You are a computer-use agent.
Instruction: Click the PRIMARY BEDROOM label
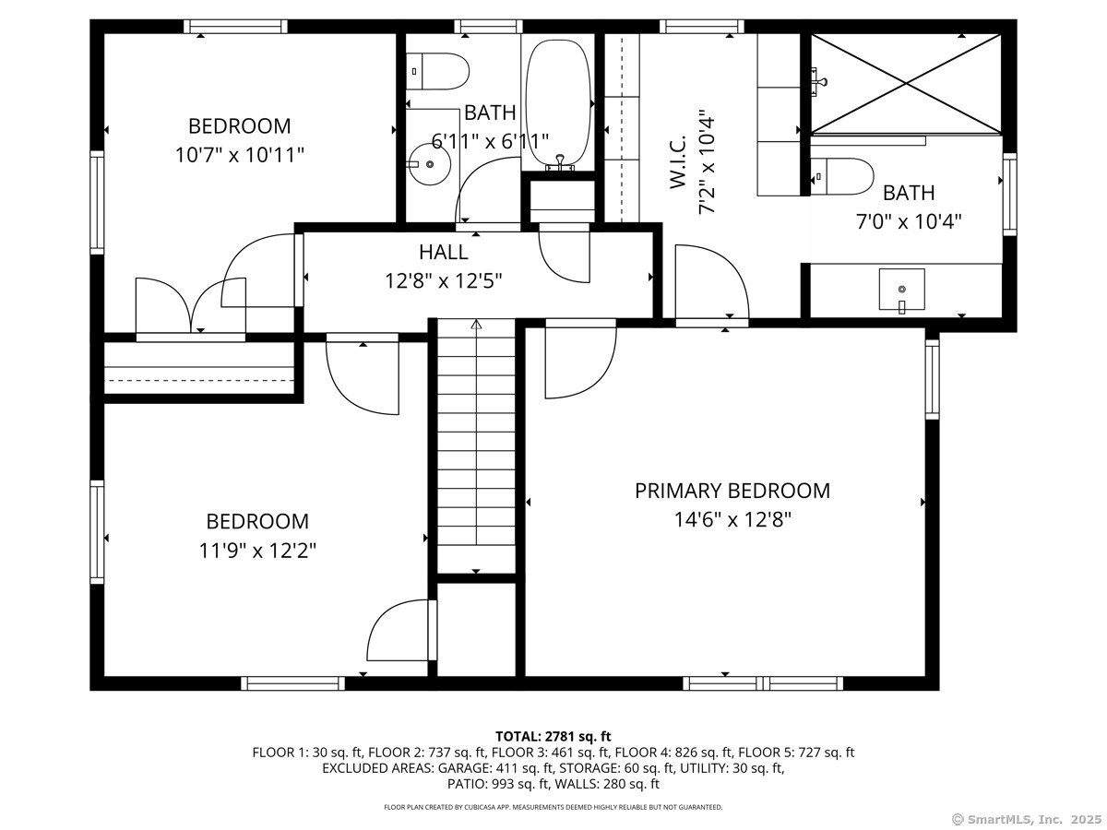(732, 491)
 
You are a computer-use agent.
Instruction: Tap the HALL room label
(444, 252)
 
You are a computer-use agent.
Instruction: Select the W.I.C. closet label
(678, 161)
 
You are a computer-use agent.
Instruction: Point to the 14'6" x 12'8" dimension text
(732, 519)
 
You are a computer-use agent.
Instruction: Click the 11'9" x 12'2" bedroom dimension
(257, 551)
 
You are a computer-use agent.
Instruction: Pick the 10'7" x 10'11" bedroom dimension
(240, 155)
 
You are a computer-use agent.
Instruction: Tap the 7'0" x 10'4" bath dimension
(909, 221)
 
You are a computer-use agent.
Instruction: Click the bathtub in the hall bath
(558, 103)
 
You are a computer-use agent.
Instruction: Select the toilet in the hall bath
(437, 72)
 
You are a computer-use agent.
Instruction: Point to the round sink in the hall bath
(429, 164)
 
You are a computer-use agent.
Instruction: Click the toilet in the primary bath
(841, 176)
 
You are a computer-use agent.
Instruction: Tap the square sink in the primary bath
(901, 290)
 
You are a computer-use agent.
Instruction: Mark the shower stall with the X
(906, 84)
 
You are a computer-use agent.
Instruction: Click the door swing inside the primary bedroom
(580, 359)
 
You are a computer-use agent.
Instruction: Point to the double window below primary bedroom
(763, 683)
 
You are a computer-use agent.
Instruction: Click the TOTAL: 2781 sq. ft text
(553, 736)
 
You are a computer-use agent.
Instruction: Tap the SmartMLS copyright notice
(1027, 819)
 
